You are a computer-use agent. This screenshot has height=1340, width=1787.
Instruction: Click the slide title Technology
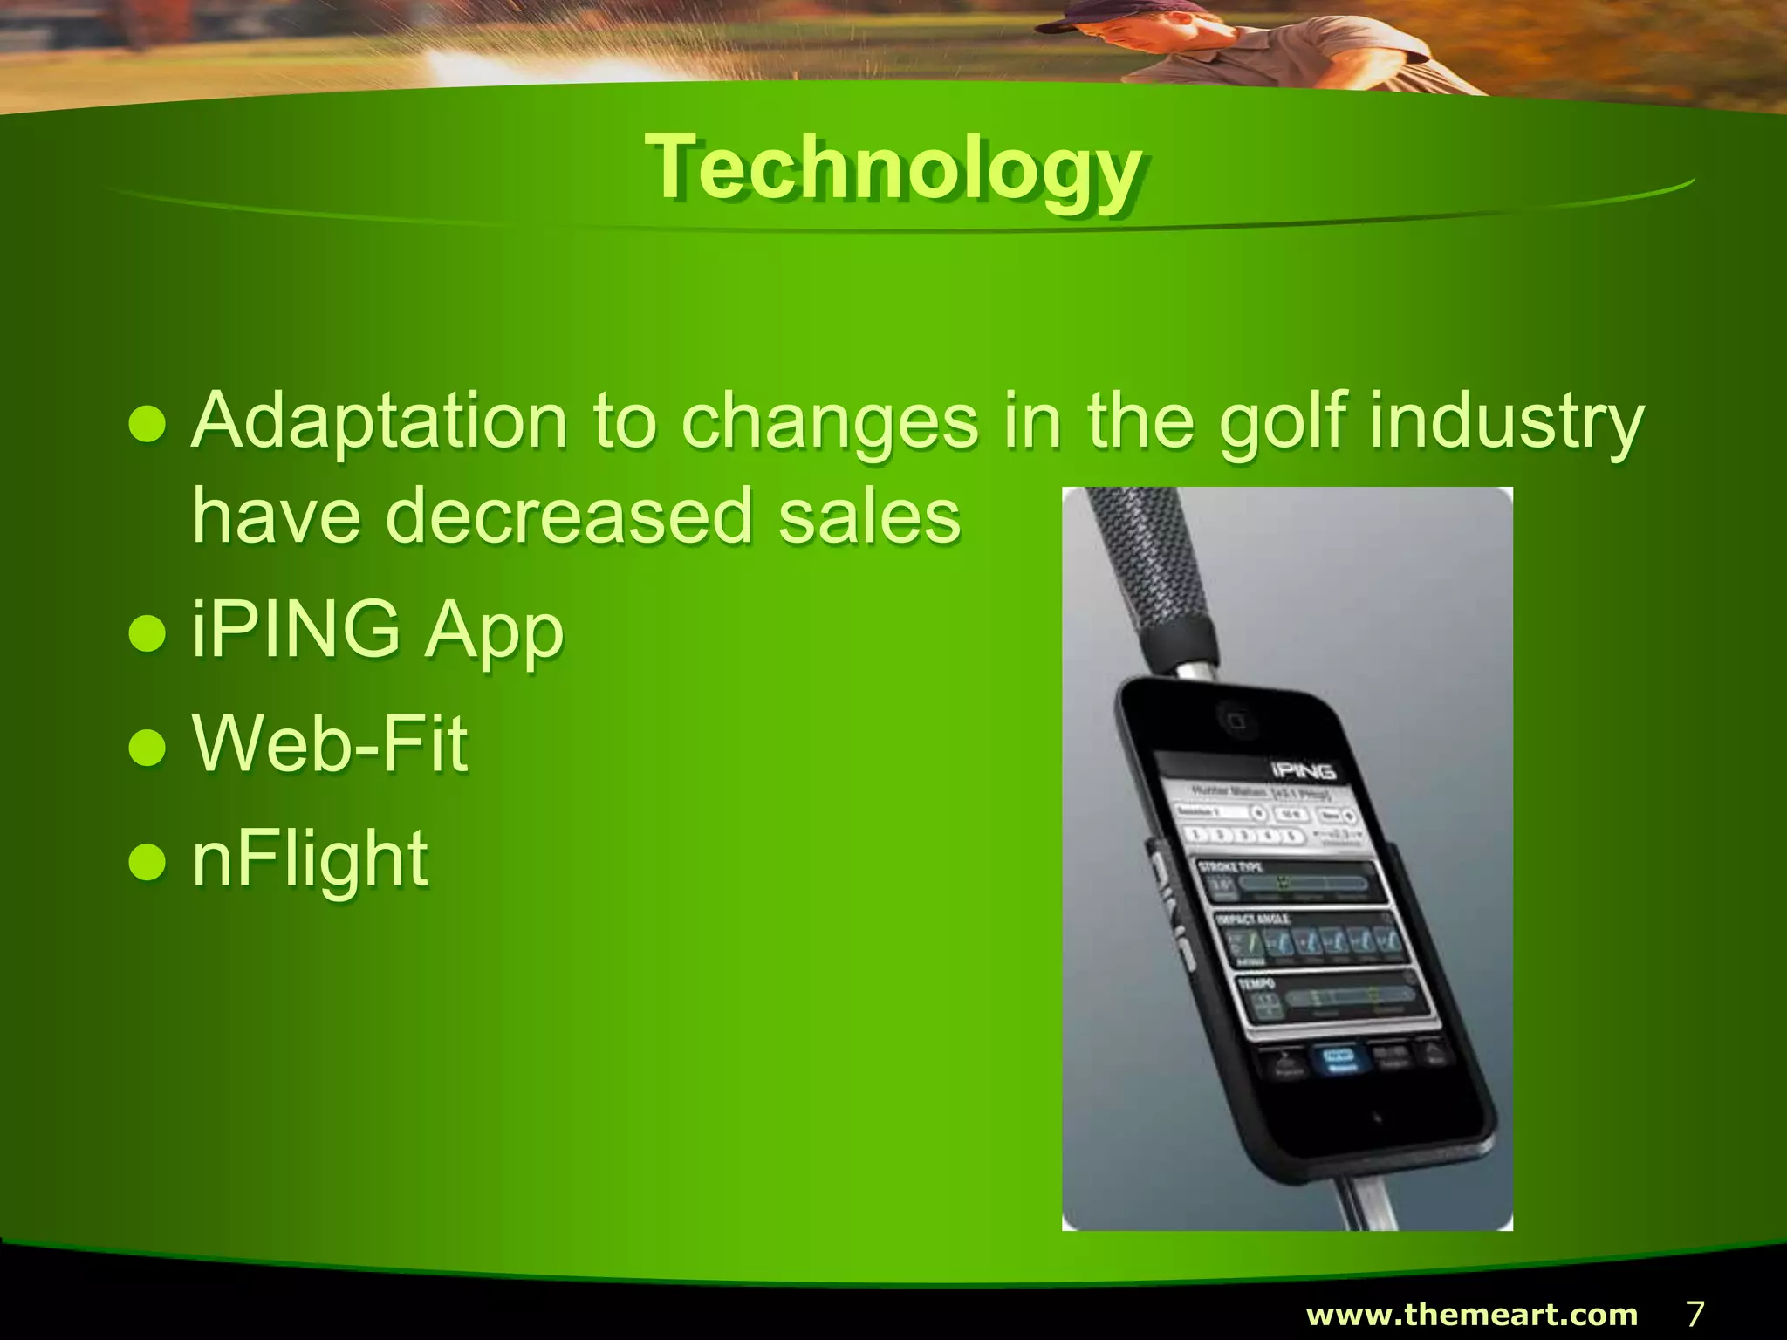pyautogui.click(x=893, y=168)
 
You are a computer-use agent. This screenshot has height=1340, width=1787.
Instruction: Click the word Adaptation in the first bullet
pyautogui.click(x=380, y=421)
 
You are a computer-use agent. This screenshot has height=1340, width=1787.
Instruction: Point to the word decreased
pyautogui.click(x=568, y=516)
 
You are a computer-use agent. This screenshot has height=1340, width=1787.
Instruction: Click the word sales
pyautogui.click(x=869, y=516)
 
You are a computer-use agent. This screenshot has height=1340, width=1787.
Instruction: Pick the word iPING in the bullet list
pyautogui.click(x=296, y=629)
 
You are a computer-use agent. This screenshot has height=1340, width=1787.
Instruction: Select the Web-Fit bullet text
pyautogui.click(x=330, y=743)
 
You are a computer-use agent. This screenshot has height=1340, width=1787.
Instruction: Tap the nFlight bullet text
pyautogui.click(x=310, y=860)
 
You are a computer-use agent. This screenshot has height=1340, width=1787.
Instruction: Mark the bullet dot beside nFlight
pyautogui.click(x=147, y=862)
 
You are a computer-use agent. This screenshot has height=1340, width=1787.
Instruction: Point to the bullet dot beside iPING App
pyautogui.click(x=147, y=633)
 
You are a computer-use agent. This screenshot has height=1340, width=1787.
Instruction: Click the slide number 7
pyautogui.click(x=1695, y=1313)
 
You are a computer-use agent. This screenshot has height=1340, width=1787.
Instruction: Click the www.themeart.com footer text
pyautogui.click(x=1471, y=1314)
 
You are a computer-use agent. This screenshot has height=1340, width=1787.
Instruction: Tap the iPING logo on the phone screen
pyautogui.click(x=1303, y=771)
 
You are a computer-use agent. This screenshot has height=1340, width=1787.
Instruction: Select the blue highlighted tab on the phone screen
pyautogui.click(x=1339, y=1059)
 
